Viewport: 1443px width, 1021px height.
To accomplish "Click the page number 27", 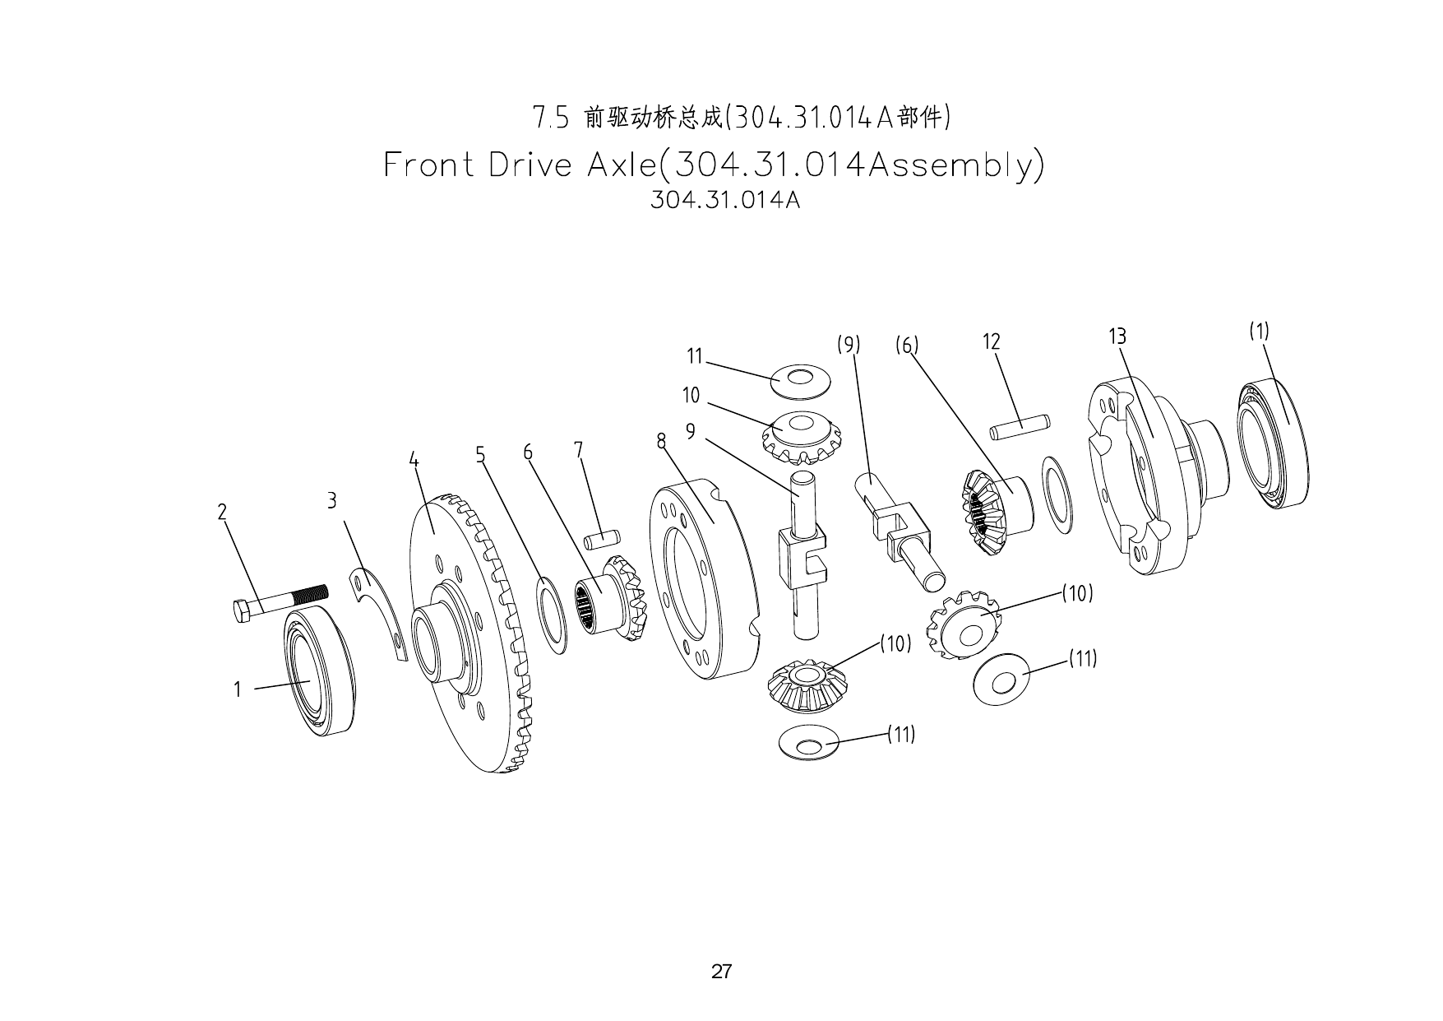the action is pyautogui.click(x=721, y=972).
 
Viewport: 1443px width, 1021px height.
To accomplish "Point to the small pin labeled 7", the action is pyautogui.click(x=601, y=540).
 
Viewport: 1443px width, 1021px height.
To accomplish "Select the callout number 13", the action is pyautogui.click(x=1117, y=336).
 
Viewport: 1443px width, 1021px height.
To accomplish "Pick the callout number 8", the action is pyautogui.click(x=661, y=441).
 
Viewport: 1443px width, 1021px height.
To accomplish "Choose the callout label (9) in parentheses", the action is pyautogui.click(x=849, y=345).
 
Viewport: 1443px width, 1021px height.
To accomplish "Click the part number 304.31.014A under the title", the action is pyautogui.click(x=724, y=200).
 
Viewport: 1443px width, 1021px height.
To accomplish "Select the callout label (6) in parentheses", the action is pyautogui.click(x=907, y=345).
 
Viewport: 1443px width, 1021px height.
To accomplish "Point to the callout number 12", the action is pyautogui.click(x=992, y=341).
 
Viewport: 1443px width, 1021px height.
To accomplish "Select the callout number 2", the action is pyautogui.click(x=222, y=512).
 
